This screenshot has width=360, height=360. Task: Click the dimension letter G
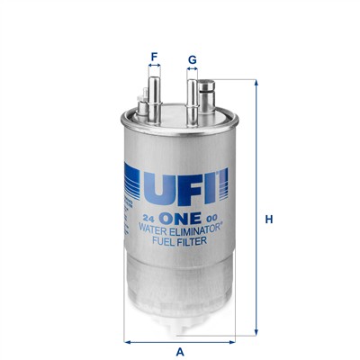[192, 60]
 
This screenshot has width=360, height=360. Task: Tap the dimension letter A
[180, 351]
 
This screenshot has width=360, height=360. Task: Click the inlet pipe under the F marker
[154, 94]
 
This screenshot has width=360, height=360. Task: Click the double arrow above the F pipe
[154, 69]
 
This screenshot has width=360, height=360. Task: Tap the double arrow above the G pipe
[192, 73]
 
